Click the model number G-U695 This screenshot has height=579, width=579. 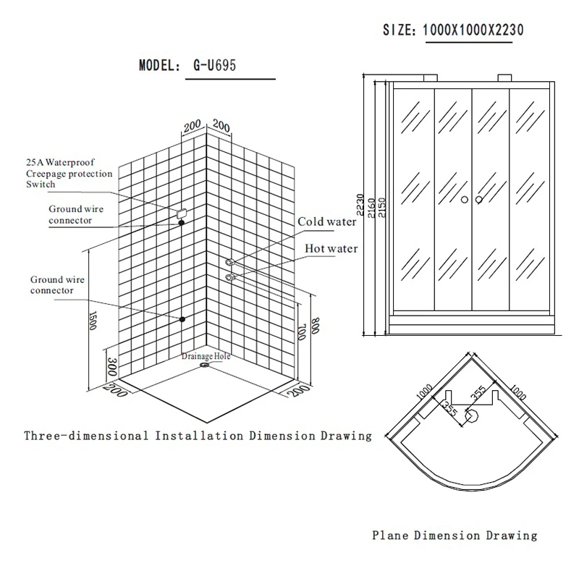click(x=214, y=65)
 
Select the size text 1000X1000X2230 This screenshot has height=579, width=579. click(x=473, y=30)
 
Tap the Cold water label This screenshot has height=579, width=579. click(x=327, y=221)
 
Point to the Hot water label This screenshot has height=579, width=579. click(x=331, y=248)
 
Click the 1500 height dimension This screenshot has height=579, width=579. click(x=93, y=320)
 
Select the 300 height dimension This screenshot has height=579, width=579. click(x=112, y=366)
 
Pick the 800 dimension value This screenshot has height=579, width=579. click(x=315, y=326)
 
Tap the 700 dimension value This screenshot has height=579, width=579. click(x=301, y=331)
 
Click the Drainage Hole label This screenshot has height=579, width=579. click(x=206, y=356)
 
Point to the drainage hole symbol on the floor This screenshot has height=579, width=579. click(x=204, y=365)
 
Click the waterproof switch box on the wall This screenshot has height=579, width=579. click(x=182, y=214)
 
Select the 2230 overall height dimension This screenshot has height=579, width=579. click(x=360, y=205)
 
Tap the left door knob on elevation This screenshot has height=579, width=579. click(x=465, y=200)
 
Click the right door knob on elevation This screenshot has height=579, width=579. click(x=479, y=200)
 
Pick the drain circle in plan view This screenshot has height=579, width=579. click(x=471, y=416)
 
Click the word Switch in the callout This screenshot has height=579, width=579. click(x=41, y=185)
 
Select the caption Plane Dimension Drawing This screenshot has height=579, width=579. click(x=455, y=536)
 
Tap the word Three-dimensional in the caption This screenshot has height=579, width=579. click(x=86, y=436)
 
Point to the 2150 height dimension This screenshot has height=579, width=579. click(x=382, y=208)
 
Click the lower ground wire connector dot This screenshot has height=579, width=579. click(x=182, y=319)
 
